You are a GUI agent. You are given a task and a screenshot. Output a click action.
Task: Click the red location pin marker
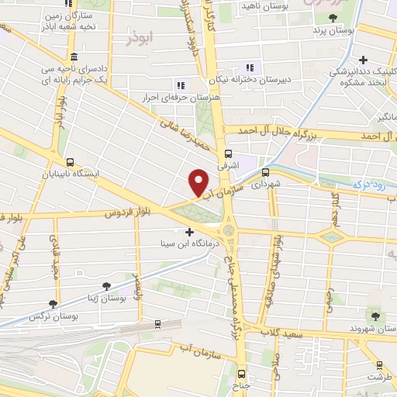(198, 182)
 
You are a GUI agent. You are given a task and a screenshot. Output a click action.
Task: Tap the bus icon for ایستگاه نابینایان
(71, 163)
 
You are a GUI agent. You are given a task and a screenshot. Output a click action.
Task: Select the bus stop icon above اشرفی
(228, 154)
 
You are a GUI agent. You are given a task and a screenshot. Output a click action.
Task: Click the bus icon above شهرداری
(265, 172)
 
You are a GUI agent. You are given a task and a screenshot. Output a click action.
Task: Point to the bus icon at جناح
(240, 372)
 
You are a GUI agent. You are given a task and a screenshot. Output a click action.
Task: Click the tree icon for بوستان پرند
(333, 18)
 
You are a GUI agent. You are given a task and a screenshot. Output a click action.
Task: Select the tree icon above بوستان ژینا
(106, 286)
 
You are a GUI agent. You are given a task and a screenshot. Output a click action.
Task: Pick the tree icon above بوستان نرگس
(52, 304)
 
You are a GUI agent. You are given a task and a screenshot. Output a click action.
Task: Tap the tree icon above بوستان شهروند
(377, 316)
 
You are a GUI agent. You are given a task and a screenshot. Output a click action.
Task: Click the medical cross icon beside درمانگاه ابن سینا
(190, 231)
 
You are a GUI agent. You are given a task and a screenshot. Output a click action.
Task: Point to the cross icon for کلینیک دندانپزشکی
(363, 60)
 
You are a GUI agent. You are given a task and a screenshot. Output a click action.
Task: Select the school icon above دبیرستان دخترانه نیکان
(250, 67)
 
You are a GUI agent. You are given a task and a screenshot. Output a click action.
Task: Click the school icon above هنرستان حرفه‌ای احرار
(180, 85)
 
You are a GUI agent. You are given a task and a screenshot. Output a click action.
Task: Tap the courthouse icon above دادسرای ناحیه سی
(72, 58)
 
